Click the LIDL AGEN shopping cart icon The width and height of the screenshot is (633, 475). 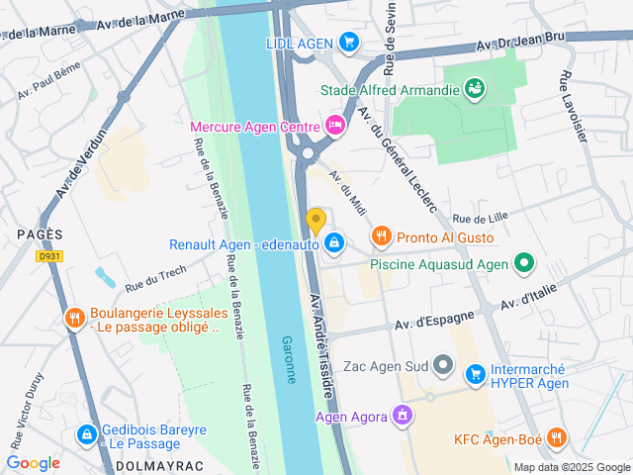pos(347,42)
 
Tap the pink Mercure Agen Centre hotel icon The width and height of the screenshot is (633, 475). pos(335,126)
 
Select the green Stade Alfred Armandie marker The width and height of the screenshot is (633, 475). pos(476,89)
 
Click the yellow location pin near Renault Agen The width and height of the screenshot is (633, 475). pos(316,221)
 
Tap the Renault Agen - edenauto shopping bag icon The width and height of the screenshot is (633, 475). pos(335,242)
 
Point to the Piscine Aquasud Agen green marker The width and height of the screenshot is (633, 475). pos(524,263)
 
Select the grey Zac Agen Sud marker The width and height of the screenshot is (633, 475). pos(445,367)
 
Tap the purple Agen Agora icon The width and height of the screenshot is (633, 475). pos(401,416)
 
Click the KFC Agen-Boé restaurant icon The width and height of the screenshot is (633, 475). pos(557,437)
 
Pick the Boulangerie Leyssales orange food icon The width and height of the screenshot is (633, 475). pos(73,318)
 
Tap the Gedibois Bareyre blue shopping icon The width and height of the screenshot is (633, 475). pos(86,433)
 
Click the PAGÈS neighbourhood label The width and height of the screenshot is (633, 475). pos(40,234)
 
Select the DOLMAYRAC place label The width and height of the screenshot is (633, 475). pos(153,464)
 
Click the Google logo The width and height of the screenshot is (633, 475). pos(34,462)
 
